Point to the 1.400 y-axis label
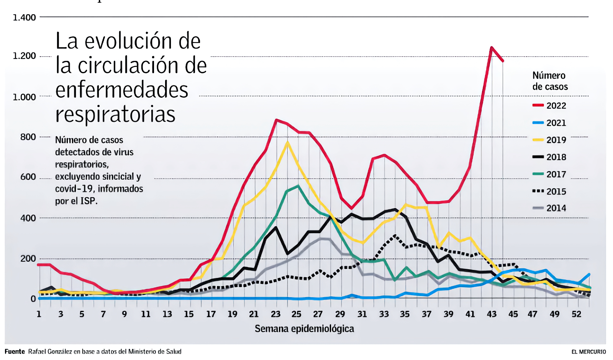point(24,17)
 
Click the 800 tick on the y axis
point(28,137)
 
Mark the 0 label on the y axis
point(33,299)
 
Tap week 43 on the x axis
point(492,314)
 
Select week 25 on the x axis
point(296,314)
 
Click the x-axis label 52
point(577,314)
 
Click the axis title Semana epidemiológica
point(304,329)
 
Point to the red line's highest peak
point(492,47)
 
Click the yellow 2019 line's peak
point(288,142)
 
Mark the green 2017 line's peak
point(298,186)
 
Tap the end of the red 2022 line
point(503,61)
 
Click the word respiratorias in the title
point(115,114)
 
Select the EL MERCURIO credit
point(588,352)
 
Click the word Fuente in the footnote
point(15,352)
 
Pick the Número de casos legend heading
point(550,81)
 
